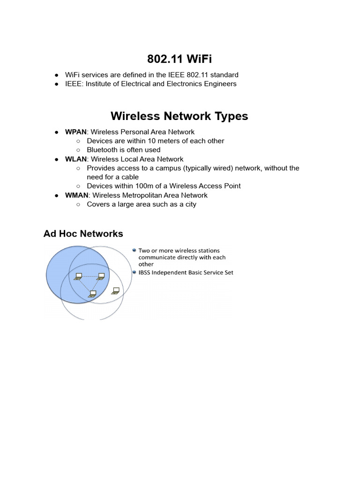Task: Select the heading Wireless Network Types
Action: [180, 116]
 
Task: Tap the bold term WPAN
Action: [75, 132]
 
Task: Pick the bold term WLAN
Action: [75, 159]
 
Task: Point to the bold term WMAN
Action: [76, 195]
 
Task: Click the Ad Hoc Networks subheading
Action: [83, 233]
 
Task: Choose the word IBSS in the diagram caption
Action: [146, 272]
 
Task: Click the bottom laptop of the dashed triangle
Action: [92, 294]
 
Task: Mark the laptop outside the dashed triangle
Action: [115, 291]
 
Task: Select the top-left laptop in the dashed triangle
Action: [78, 276]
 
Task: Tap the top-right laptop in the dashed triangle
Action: [100, 276]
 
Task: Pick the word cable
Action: [128, 177]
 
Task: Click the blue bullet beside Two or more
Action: [135, 250]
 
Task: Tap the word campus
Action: [168, 168]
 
